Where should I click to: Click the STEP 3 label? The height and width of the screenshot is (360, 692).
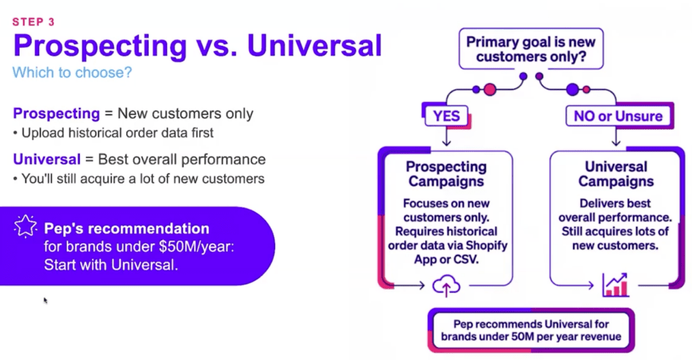click(33, 22)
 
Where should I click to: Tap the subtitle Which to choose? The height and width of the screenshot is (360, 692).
click(72, 72)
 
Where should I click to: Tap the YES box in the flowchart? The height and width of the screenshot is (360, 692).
click(446, 116)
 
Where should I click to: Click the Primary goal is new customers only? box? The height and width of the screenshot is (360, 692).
click(530, 49)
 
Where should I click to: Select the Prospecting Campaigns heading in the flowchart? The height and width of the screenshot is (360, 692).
click(446, 174)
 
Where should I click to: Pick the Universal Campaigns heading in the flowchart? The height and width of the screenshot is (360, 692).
click(616, 174)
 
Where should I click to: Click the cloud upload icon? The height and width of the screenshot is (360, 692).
click(446, 285)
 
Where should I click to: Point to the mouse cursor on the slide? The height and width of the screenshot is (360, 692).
click(45, 300)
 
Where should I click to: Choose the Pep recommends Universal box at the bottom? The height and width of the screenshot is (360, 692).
click(530, 330)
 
